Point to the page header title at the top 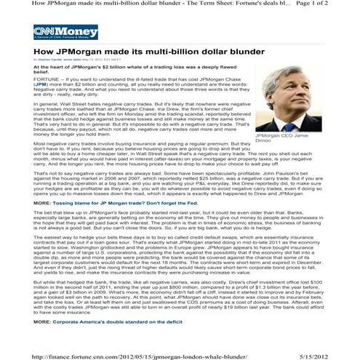point(160,4)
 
